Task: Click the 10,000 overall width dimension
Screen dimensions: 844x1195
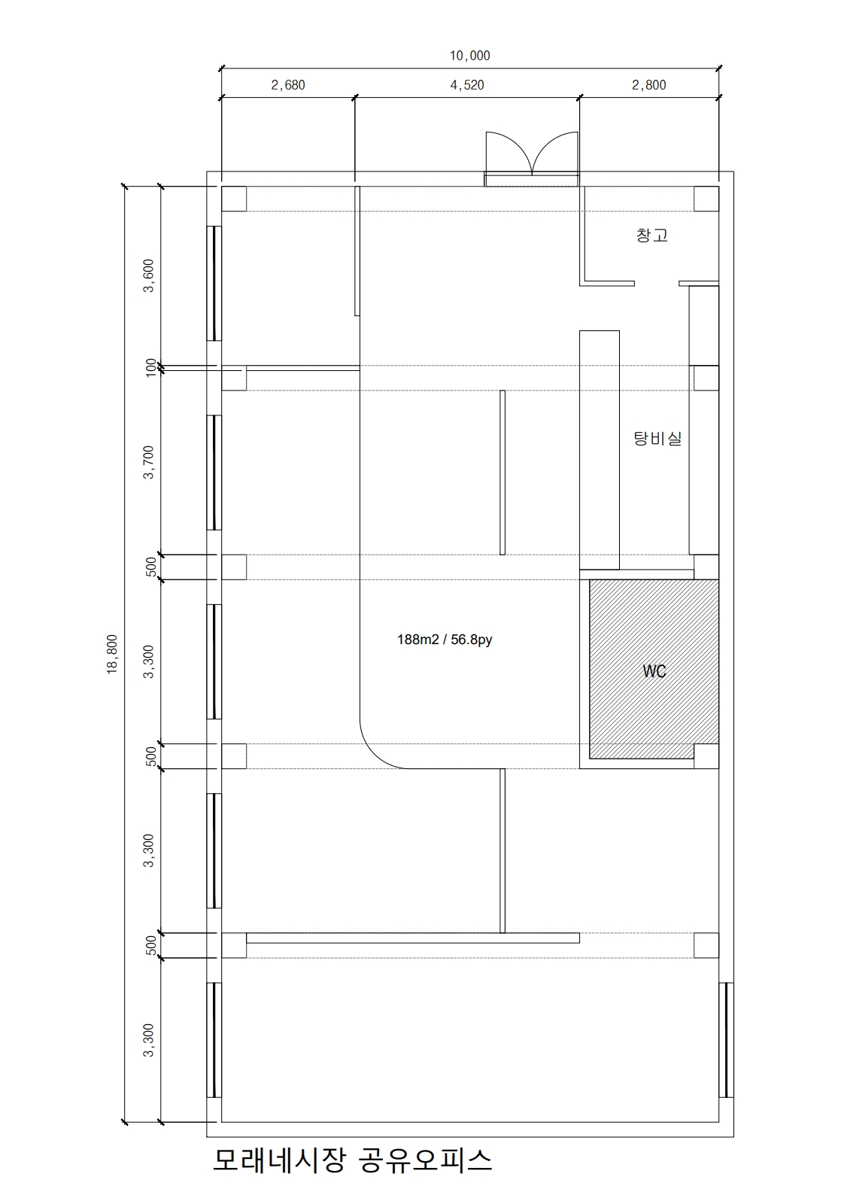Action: (x=469, y=56)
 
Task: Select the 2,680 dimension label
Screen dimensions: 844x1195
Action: (x=288, y=85)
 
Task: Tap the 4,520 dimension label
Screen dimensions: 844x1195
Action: (x=467, y=85)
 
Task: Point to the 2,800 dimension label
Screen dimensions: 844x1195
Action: (x=649, y=85)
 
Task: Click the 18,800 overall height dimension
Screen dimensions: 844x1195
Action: (x=112, y=654)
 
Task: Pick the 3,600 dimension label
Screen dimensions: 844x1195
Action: (x=148, y=276)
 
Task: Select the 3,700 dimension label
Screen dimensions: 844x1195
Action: (x=148, y=462)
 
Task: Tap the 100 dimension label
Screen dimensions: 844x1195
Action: (x=151, y=367)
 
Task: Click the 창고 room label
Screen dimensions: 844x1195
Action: (x=651, y=235)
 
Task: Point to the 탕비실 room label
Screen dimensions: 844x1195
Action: (x=657, y=439)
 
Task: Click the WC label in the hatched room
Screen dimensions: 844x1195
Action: (x=654, y=671)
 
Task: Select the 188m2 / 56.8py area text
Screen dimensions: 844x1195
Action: (x=445, y=640)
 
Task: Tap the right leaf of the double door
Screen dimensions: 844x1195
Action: (x=555, y=153)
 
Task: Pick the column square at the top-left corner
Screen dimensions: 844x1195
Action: (x=234, y=199)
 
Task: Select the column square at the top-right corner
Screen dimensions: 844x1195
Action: (x=706, y=199)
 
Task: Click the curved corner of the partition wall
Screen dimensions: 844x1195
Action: (x=375, y=754)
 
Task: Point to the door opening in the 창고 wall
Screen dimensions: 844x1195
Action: (x=657, y=283)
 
